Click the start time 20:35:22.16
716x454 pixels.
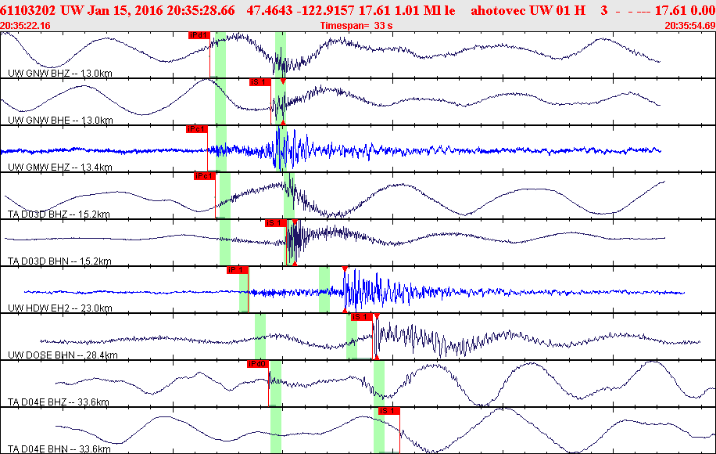click(26, 26)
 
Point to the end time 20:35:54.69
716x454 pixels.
click(689, 26)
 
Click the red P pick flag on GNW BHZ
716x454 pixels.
click(199, 35)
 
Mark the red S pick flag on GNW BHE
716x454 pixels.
click(260, 82)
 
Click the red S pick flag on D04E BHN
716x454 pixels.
click(388, 411)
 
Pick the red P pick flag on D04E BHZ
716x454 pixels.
click(258, 364)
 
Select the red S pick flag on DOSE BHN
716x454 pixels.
click(360, 317)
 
